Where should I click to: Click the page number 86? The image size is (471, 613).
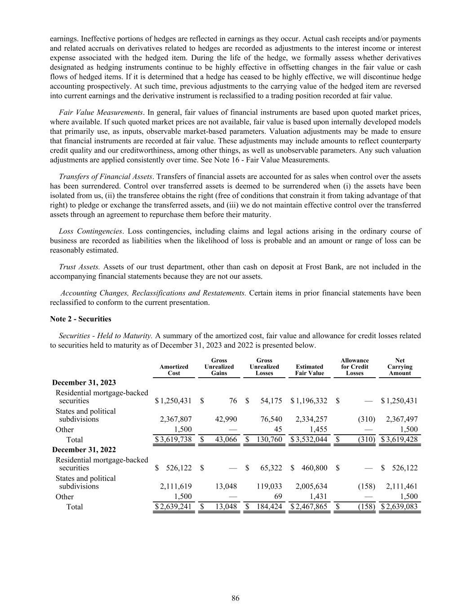[235, 598]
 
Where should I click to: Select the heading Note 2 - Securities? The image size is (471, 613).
[80, 319]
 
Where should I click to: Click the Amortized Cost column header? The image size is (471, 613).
[174, 370]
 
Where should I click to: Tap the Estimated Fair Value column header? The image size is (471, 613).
[309, 370]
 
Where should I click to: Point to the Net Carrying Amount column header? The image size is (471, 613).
[400, 367]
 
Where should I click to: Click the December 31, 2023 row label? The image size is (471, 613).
[84, 383]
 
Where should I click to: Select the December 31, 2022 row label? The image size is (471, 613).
[84, 450]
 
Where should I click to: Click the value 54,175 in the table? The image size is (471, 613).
[271, 401]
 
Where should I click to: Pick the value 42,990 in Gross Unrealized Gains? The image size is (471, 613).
[226, 419]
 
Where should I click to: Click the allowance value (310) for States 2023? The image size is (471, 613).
[366, 419]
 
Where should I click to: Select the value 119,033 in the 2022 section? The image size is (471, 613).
[269, 486]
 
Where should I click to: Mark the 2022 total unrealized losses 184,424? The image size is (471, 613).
[269, 507]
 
